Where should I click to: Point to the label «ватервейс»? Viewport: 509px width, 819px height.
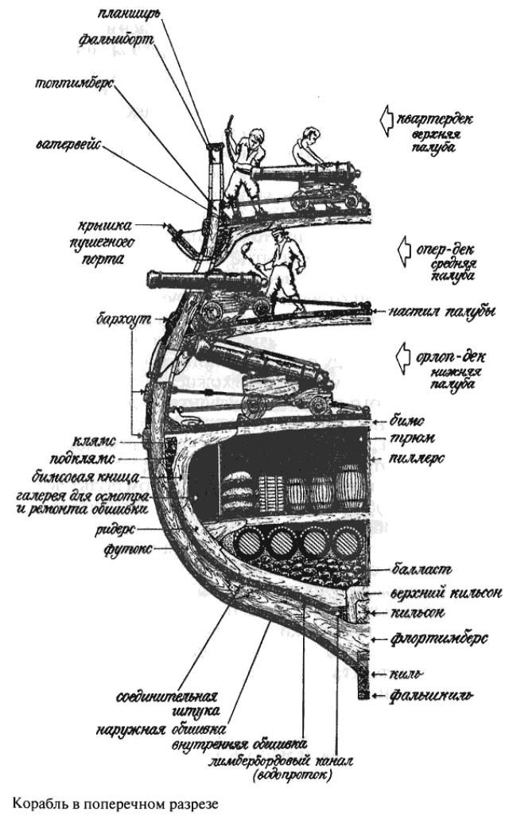pos(66,146)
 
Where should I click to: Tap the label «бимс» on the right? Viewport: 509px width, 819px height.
pos(410,418)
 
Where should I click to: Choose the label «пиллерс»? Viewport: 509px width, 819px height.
pos(421,460)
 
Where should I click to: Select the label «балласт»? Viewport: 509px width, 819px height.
pos(422,569)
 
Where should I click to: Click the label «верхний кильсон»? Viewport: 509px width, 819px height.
pos(435,592)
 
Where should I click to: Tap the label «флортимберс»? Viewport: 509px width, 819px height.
pos(433,637)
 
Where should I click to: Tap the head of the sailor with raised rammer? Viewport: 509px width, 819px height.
pos(253,141)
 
